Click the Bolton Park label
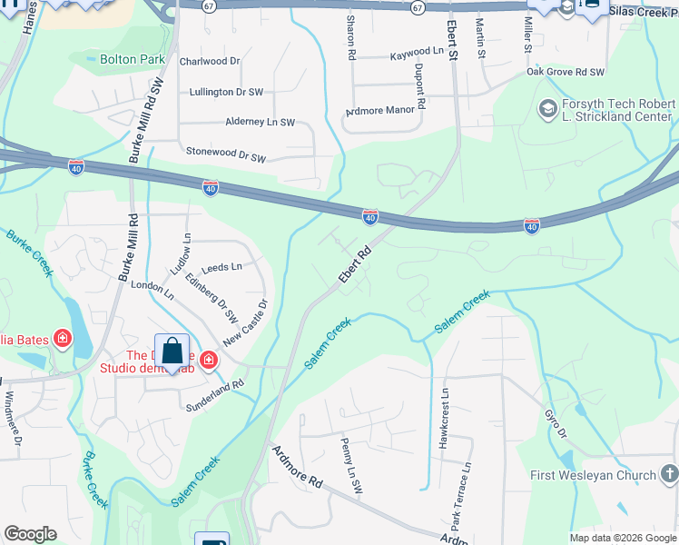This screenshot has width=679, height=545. pos(132,59)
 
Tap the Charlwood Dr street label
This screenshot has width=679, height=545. pos(210,62)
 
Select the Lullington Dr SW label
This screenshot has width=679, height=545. pos(226,92)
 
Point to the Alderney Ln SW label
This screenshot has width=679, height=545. pos(261,122)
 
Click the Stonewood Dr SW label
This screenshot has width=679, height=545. pos(225,155)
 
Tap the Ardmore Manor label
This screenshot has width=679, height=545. pos(381,111)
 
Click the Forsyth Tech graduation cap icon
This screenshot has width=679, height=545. pos(547,110)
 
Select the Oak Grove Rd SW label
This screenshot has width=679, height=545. pos(566,72)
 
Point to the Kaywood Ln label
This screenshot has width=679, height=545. pos(417,55)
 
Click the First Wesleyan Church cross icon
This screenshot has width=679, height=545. pos(668,474)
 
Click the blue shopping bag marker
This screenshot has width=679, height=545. pos(173,353)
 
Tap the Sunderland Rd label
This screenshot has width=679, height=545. pos(214,395)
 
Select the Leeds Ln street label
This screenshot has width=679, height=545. pos(222,267)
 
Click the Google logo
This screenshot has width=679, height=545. pos(31,534)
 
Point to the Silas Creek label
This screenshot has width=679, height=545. pos(644,11)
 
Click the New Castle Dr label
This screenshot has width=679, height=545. pos(246,327)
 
